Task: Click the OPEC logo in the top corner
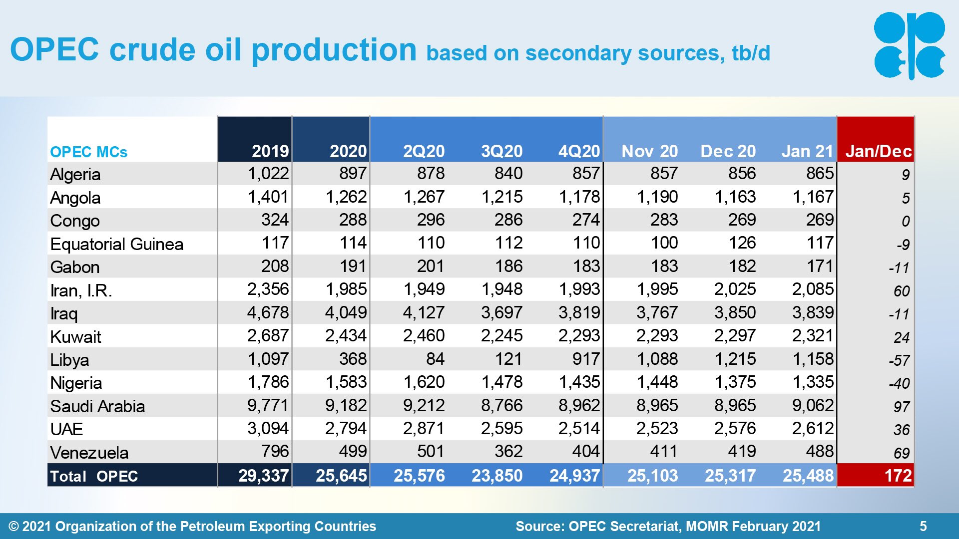(909, 45)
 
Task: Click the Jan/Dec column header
(878, 151)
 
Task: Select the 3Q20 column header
(501, 151)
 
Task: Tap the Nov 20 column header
(649, 151)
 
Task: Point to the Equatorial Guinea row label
(117, 244)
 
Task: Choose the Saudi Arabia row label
(97, 406)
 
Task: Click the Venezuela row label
(89, 453)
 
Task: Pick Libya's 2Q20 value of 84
(435, 359)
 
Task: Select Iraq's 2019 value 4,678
(268, 312)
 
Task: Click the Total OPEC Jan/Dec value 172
(898, 476)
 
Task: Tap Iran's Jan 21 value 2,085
(813, 289)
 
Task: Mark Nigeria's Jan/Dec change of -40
(899, 383)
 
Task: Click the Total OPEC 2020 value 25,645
(341, 476)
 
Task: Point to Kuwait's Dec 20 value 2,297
(735, 335)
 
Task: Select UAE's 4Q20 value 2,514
(579, 428)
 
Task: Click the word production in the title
(334, 50)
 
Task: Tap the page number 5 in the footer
(923, 526)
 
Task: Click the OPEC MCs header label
(89, 152)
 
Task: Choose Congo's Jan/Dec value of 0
(906, 221)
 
